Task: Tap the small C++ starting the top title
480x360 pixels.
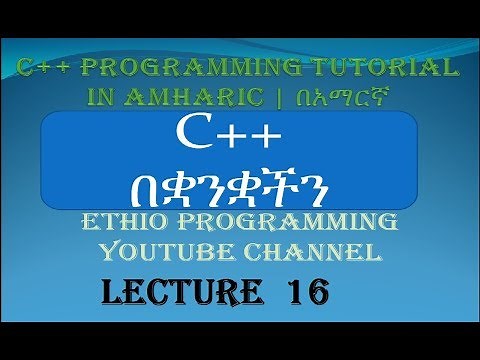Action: coord(46,68)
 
